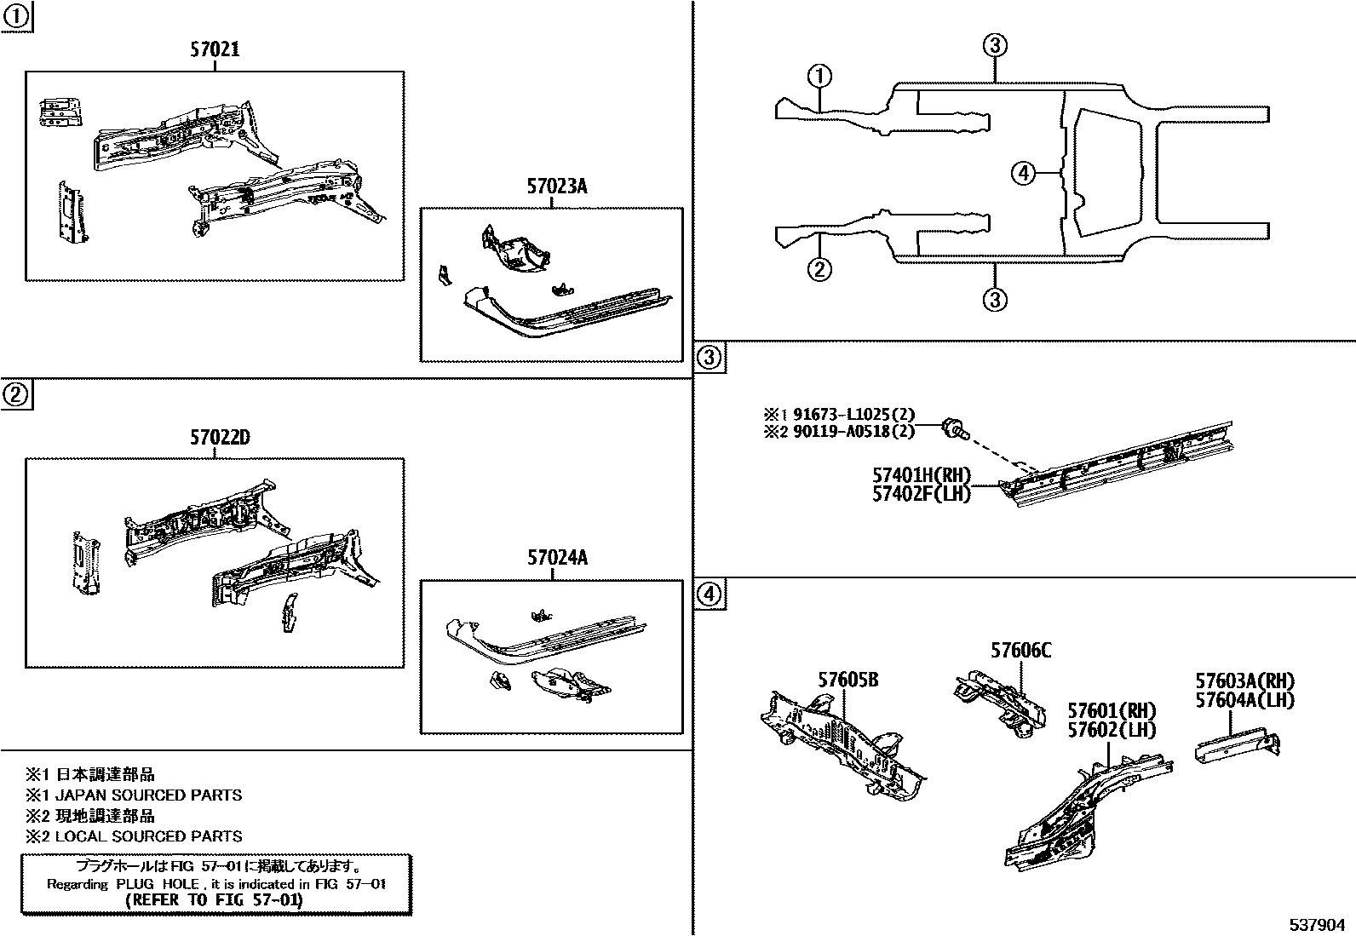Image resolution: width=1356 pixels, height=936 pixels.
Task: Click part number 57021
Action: tap(214, 50)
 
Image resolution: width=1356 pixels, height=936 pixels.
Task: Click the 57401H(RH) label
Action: tap(921, 475)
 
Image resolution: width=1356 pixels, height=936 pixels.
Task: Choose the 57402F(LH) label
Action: tap(921, 493)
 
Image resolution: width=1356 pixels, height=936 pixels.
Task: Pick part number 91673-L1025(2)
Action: tap(853, 414)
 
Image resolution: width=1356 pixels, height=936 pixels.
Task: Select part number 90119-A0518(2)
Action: tap(853, 431)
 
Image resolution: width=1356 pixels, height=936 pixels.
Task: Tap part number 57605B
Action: tap(848, 680)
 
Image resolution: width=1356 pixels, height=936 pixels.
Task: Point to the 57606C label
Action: tap(1020, 651)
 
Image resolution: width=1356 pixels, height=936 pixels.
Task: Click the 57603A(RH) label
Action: tap(1244, 681)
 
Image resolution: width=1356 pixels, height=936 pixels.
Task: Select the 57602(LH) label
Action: tap(1112, 730)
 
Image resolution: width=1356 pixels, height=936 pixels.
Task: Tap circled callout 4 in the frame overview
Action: tap(1023, 174)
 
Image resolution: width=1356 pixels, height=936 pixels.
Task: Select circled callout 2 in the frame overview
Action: tap(819, 269)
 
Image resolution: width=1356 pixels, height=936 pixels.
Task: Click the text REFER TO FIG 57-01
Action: tap(214, 899)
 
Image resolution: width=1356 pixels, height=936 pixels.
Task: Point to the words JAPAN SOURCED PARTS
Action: tap(148, 795)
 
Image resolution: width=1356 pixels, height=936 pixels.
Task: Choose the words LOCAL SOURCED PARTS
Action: tap(148, 836)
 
